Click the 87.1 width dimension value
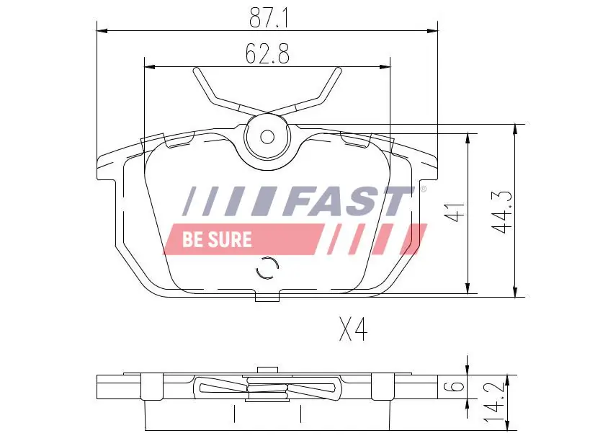(269, 18)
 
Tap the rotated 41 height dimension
(452, 213)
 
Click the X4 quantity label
(353, 331)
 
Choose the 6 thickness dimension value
(454, 386)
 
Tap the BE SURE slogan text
(217, 239)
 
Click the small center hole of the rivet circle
(267, 136)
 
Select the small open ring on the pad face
(267, 268)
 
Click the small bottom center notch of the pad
(267, 296)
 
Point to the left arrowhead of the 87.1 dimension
(102, 31)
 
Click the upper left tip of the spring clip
(197, 70)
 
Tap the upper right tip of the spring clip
(338, 70)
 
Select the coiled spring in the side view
(267, 390)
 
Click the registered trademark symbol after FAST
(423, 190)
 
